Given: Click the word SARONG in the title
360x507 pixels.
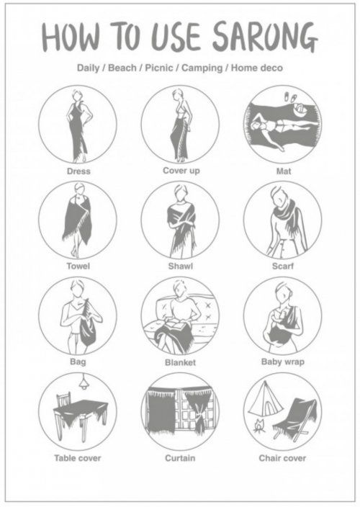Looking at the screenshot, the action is (x=265, y=37).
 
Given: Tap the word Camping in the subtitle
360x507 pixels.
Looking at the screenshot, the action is (x=202, y=68).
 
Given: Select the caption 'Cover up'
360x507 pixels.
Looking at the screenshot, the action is (x=181, y=171).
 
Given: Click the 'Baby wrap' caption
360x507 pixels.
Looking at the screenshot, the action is (x=283, y=362).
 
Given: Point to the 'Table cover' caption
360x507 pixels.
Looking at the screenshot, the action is (x=78, y=458).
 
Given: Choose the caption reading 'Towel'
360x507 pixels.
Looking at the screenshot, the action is (x=78, y=266).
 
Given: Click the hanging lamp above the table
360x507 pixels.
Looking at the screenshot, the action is (x=84, y=382).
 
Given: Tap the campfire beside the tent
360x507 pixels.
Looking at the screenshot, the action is (x=259, y=426).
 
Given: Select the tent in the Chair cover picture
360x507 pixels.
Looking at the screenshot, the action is (x=264, y=398).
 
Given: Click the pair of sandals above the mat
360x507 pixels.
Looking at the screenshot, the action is (x=290, y=97).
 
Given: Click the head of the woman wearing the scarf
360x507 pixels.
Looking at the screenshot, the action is (x=279, y=197).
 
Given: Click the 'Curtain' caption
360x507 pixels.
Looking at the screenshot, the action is (x=180, y=458).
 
